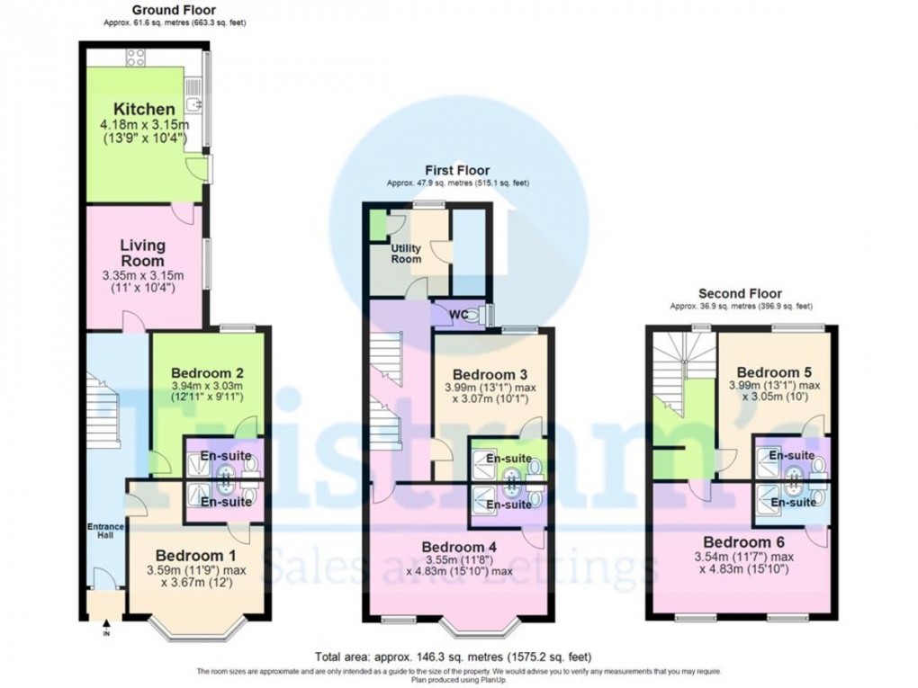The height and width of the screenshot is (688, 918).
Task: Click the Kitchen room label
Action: coord(138,110)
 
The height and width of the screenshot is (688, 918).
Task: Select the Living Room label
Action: coord(143,252)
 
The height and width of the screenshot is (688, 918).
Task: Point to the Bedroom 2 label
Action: coord(208,372)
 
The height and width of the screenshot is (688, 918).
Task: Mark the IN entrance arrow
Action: coord(106,626)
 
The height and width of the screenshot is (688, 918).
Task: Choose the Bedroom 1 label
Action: coord(195,554)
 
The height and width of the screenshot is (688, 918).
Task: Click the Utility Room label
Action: coord(406,254)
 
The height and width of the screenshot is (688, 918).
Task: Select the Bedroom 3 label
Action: coord(489,374)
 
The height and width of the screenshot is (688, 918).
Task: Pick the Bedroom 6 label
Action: coord(743,542)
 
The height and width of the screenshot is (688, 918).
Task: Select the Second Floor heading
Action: coord(739,293)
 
